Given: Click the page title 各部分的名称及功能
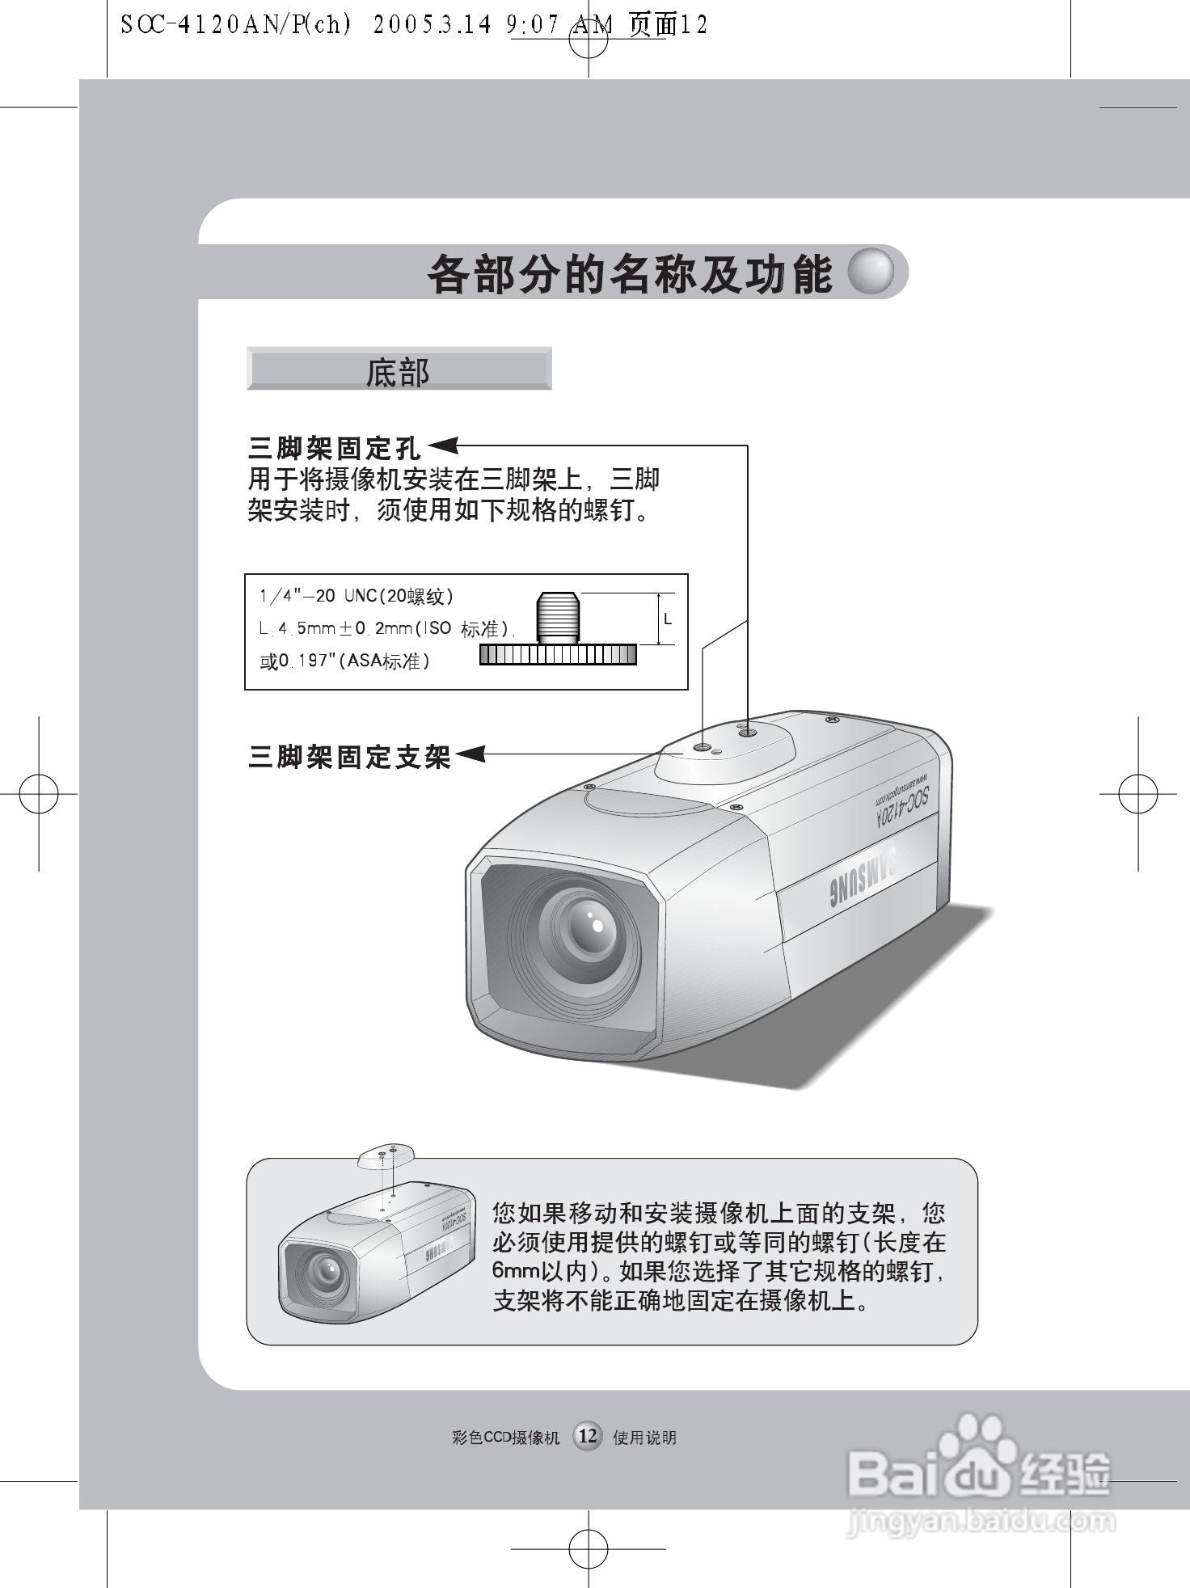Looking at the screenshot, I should point(629,274).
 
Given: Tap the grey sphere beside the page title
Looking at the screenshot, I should point(871,272).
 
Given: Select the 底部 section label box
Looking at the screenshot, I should point(399,370).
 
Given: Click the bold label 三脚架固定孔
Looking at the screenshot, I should point(335,447).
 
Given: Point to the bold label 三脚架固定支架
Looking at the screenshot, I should point(349,757).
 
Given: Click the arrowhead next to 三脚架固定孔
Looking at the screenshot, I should point(443,446).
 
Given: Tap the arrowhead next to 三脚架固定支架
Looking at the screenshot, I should point(471,754).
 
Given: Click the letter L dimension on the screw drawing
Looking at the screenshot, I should point(667,619).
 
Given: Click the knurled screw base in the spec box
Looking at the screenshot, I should point(558,654).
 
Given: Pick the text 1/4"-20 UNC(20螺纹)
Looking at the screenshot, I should point(357,597).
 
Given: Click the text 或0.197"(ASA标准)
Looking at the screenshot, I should point(345,661).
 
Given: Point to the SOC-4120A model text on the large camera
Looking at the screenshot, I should point(902,805).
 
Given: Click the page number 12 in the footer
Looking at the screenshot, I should point(588,1435).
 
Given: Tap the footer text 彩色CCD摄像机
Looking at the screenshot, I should point(506,1437).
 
